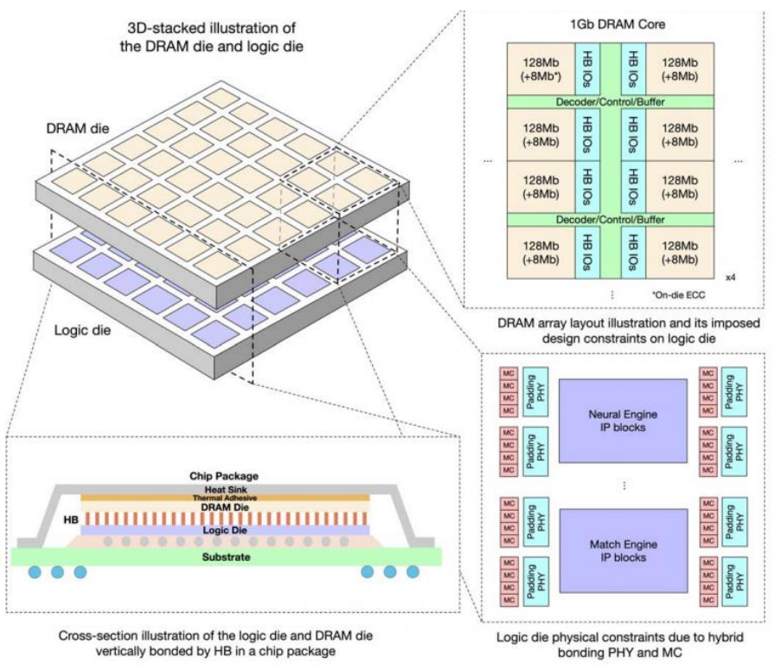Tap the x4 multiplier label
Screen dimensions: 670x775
[730, 277]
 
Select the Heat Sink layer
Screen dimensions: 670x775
[226, 489]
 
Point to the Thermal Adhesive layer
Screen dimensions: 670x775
[226, 499]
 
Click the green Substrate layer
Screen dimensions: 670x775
[226, 557]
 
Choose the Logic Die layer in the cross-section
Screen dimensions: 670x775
[226, 530]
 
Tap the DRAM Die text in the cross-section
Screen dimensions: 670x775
[226, 509]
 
